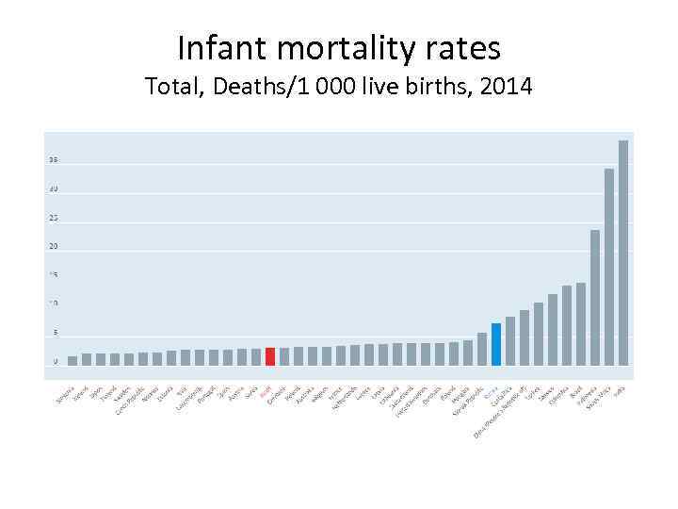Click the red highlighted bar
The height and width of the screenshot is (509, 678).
click(270, 356)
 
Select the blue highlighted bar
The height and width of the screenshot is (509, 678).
click(496, 344)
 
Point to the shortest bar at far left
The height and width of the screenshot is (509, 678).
click(73, 360)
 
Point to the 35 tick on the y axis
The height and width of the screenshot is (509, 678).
click(54, 160)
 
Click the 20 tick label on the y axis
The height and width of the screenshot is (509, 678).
click(54, 247)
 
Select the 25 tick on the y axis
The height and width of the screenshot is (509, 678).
click(54, 218)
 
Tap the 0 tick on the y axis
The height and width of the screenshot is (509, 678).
click(55, 362)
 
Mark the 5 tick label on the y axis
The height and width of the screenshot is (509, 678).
click(55, 333)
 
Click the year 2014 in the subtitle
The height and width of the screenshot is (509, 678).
click(507, 88)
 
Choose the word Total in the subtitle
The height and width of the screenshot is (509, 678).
click(171, 88)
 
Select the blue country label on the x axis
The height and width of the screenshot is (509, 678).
click(490, 390)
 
